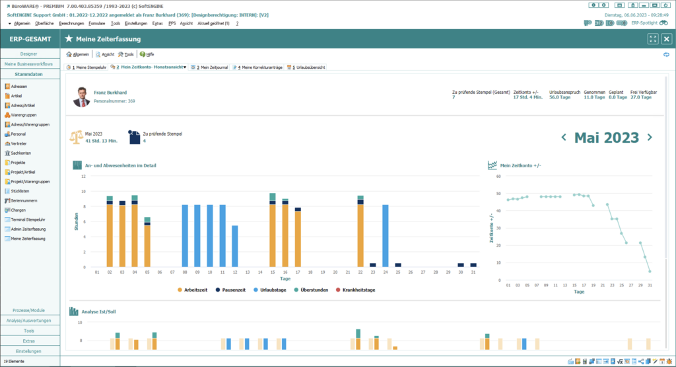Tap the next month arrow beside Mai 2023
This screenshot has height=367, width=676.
(650, 138)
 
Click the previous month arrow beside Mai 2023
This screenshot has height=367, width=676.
(564, 138)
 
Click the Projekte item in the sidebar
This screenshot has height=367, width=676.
(18, 162)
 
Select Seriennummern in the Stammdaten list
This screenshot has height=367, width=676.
(24, 200)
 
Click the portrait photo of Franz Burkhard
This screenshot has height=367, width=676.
(82, 97)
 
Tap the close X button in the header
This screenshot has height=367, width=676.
(666, 39)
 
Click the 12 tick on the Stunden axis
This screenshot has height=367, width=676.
(83, 176)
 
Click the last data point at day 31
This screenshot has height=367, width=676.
(650, 271)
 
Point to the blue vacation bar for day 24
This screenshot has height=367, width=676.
(385, 235)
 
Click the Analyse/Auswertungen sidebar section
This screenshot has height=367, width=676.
(29, 320)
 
